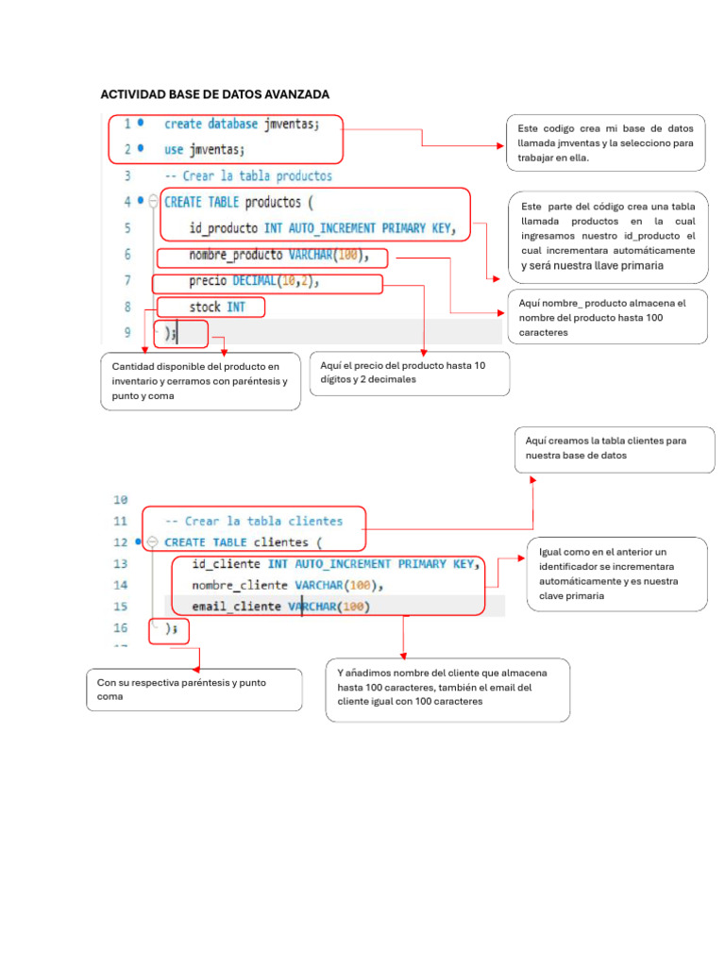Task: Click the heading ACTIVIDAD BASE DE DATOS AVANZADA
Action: coord(215,94)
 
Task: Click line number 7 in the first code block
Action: coord(126,280)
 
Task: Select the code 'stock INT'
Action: coord(216,307)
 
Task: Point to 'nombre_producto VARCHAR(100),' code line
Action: coord(273,255)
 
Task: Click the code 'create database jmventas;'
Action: coord(242,124)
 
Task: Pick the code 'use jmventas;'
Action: coord(204,149)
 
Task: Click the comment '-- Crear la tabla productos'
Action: coord(247,175)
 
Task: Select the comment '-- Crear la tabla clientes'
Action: coord(253,521)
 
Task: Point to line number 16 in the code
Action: coord(120,627)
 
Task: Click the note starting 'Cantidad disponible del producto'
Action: coord(200,381)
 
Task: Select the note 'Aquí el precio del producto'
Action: coord(409,372)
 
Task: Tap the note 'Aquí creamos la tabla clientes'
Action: coord(614,448)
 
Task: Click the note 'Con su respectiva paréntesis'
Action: coord(194,690)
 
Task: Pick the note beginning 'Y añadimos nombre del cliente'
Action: coord(447,688)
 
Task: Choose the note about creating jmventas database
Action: coord(605,142)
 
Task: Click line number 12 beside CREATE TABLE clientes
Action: coord(120,542)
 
